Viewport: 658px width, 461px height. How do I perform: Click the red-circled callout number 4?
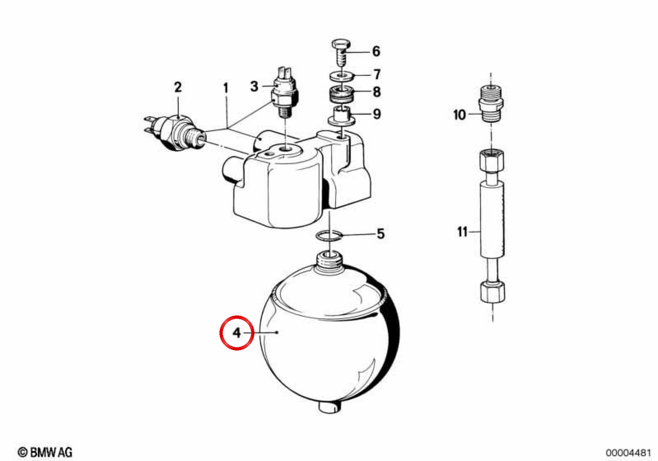236,333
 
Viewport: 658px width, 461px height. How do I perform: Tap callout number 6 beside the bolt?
376,52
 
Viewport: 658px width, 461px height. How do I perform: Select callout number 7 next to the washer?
377,75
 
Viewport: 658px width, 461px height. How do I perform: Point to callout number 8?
377,92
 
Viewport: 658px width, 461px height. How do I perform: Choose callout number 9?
377,114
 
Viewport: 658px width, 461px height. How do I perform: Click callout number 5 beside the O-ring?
381,234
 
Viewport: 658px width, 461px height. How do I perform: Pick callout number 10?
460,115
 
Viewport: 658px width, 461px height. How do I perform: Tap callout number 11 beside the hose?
462,232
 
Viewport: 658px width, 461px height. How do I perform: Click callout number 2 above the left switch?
178,87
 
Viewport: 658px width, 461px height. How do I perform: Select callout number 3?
254,87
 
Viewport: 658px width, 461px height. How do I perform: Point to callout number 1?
225,88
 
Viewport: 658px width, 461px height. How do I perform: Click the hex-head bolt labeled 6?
341,54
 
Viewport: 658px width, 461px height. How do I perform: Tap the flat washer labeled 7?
342,76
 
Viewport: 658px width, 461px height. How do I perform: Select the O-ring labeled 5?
329,235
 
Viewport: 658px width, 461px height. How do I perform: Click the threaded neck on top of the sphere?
331,261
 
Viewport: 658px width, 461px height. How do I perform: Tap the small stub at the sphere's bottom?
330,407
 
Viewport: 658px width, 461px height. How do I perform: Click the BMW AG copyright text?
45,452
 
